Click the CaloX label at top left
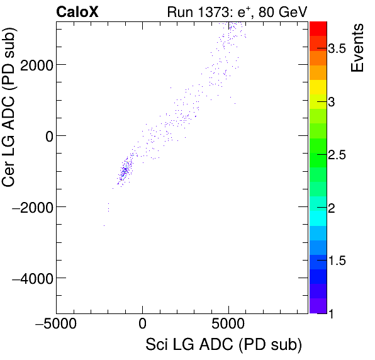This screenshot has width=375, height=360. [77, 11]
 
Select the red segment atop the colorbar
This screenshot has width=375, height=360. [318, 28]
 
